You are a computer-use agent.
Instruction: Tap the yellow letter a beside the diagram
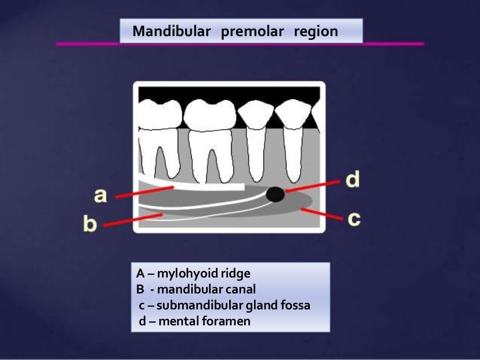coord(100,195)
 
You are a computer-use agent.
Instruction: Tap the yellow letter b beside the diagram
coord(90,224)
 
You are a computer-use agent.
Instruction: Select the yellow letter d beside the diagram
coord(352,180)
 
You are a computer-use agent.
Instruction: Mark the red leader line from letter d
coord(312,186)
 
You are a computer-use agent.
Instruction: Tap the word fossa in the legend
coord(295,306)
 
